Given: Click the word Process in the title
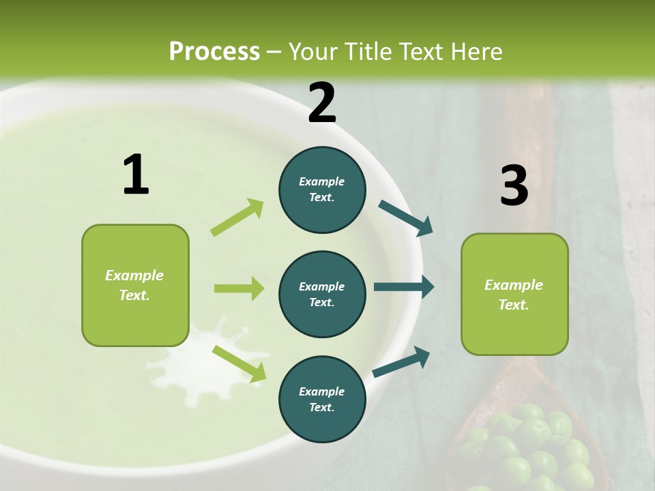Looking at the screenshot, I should click(214, 52).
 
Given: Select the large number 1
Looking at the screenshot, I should click(136, 175).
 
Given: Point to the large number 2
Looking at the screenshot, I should click(322, 103).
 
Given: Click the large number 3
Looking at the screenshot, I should click(514, 185).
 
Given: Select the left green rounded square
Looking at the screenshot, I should click(135, 285).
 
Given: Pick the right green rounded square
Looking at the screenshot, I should click(514, 294).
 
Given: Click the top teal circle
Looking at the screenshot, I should click(322, 190).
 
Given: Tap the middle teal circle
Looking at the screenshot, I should click(322, 294).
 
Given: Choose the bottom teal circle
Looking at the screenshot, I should click(322, 399).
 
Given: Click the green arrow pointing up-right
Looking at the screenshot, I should click(237, 218).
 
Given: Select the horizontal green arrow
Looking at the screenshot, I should click(239, 288).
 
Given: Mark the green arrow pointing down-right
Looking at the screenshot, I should click(239, 363).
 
